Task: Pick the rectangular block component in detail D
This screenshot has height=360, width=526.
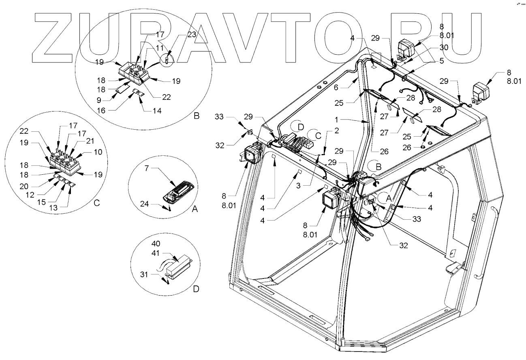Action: pyautogui.click(x=180, y=267)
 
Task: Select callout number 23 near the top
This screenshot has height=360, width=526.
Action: pyautogui.click(x=191, y=34)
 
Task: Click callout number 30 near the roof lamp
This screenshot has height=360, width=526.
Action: pyautogui.click(x=445, y=47)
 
